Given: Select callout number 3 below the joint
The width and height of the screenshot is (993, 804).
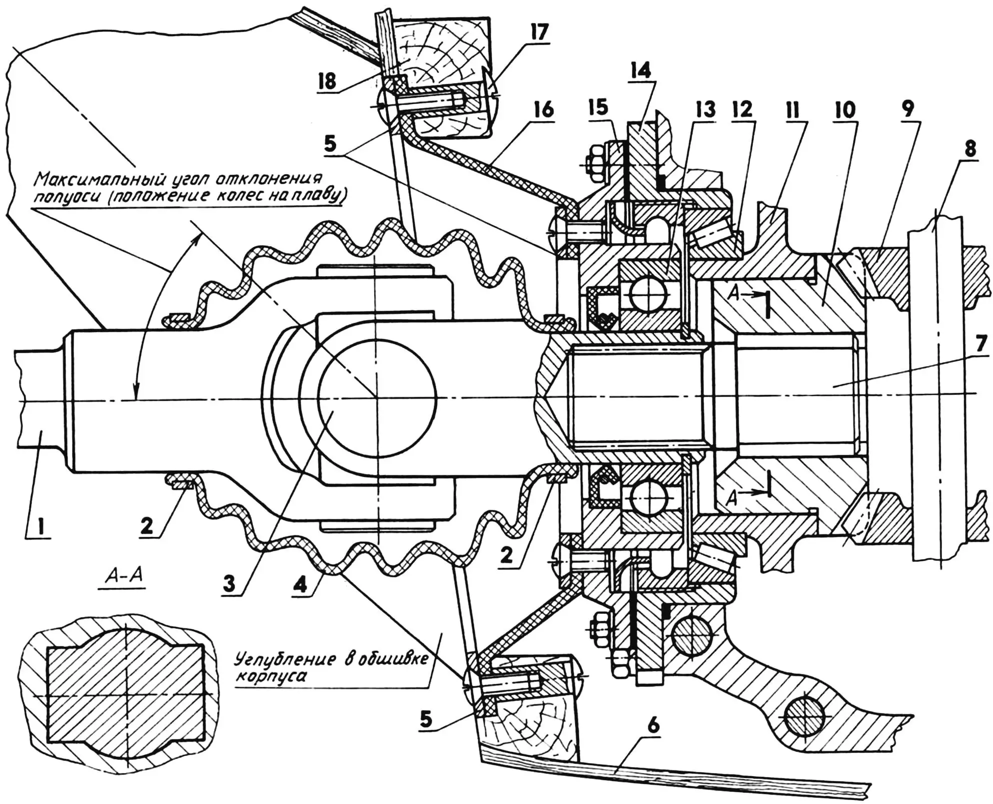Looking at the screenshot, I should click(229, 583).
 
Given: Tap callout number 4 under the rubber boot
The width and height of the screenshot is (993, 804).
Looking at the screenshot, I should click(300, 583).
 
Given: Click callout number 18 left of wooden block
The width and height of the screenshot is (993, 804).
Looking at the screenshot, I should click(327, 82).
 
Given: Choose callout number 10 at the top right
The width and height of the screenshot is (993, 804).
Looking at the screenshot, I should click(845, 109).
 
